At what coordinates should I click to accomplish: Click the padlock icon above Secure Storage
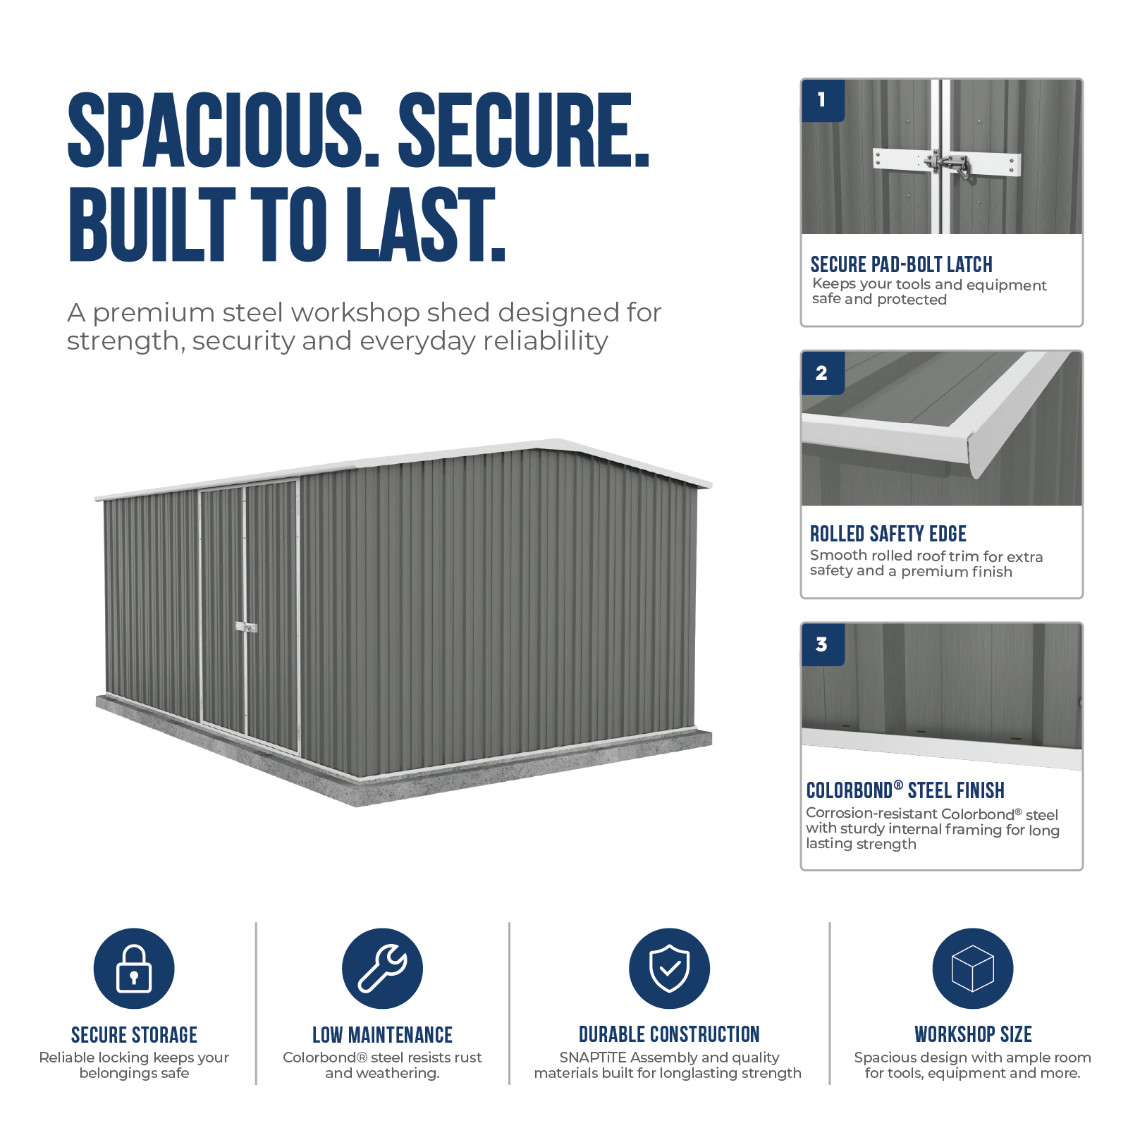point(134,968)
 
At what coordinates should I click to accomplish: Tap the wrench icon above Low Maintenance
point(382,968)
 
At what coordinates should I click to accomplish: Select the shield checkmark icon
point(669,968)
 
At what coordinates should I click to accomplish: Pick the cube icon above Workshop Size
point(973,968)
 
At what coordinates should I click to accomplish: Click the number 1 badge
point(823,100)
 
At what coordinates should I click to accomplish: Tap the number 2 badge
point(823,373)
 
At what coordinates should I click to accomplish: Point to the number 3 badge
point(823,644)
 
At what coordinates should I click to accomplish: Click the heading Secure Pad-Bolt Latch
point(901,264)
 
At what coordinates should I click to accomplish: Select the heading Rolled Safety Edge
point(888,534)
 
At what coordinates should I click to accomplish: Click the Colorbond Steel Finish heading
point(905,790)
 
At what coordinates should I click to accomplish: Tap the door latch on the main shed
point(246,627)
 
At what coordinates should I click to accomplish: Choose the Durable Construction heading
point(669,1034)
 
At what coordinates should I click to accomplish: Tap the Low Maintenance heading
point(382,1035)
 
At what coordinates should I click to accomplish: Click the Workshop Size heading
point(973,1034)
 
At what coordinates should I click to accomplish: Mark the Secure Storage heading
point(134,1035)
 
